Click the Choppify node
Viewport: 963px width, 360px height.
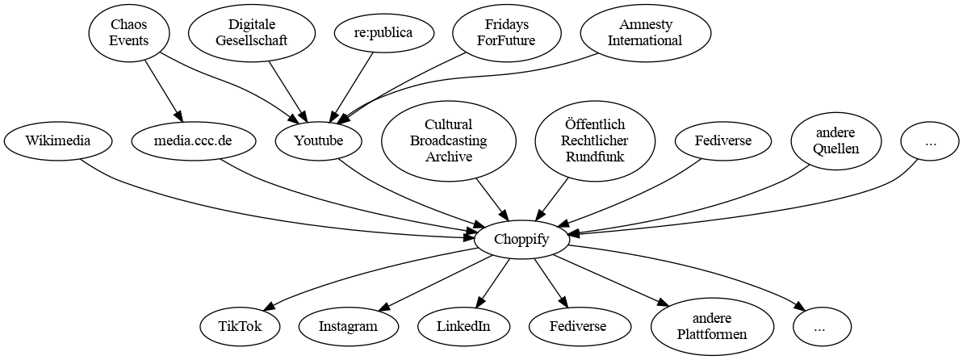point(522,239)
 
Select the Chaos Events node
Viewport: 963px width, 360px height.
point(129,33)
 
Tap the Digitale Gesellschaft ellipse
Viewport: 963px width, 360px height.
point(249,33)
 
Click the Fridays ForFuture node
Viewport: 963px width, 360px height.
point(506,33)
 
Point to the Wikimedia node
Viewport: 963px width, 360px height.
point(57,141)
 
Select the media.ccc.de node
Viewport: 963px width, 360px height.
point(193,141)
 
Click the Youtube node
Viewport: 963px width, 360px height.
point(319,141)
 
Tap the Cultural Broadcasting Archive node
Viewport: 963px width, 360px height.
point(448,141)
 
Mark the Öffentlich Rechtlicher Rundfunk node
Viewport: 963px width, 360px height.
point(596,141)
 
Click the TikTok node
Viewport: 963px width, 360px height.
point(240,327)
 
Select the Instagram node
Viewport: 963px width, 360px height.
point(348,327)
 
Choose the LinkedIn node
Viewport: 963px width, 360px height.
point(464,327)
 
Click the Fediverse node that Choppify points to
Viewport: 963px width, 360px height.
point(578,327)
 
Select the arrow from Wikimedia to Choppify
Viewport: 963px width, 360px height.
point(242,213)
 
